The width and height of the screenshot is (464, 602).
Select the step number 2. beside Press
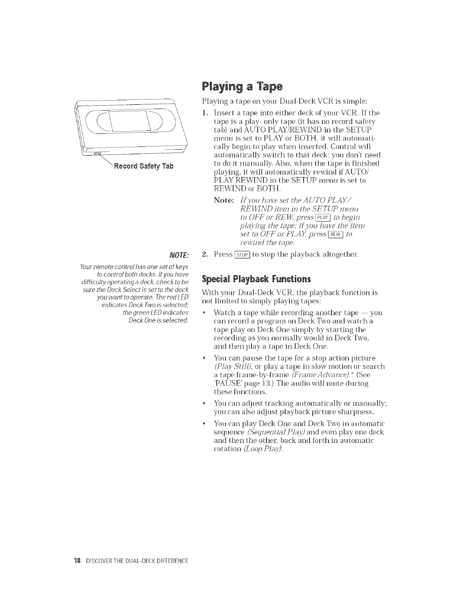205,254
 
